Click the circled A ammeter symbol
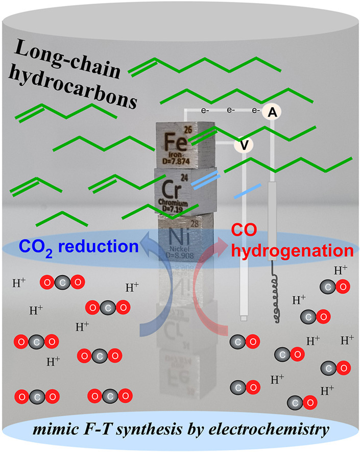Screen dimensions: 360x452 (x=272, y=112)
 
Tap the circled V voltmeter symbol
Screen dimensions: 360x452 (x=244, y=145)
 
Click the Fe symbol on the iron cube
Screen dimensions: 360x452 (x=175, y=142)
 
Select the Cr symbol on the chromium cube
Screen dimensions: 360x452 (x=172, y=189)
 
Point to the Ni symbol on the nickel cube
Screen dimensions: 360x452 (x=179, y=236)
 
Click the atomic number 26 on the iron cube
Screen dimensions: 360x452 (x=188, y=130)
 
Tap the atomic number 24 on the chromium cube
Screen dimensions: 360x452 (x=184, y=178)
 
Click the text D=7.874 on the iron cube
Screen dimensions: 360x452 (x=176, y=161)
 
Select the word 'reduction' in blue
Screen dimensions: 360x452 (x=99, y=247)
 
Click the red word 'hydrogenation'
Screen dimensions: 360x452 (x=292, y=252)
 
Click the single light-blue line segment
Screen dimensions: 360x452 (x=248, y=191)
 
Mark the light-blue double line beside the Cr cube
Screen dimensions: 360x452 (x=206, y=180)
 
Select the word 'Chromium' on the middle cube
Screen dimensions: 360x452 (x=173, y=202)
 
